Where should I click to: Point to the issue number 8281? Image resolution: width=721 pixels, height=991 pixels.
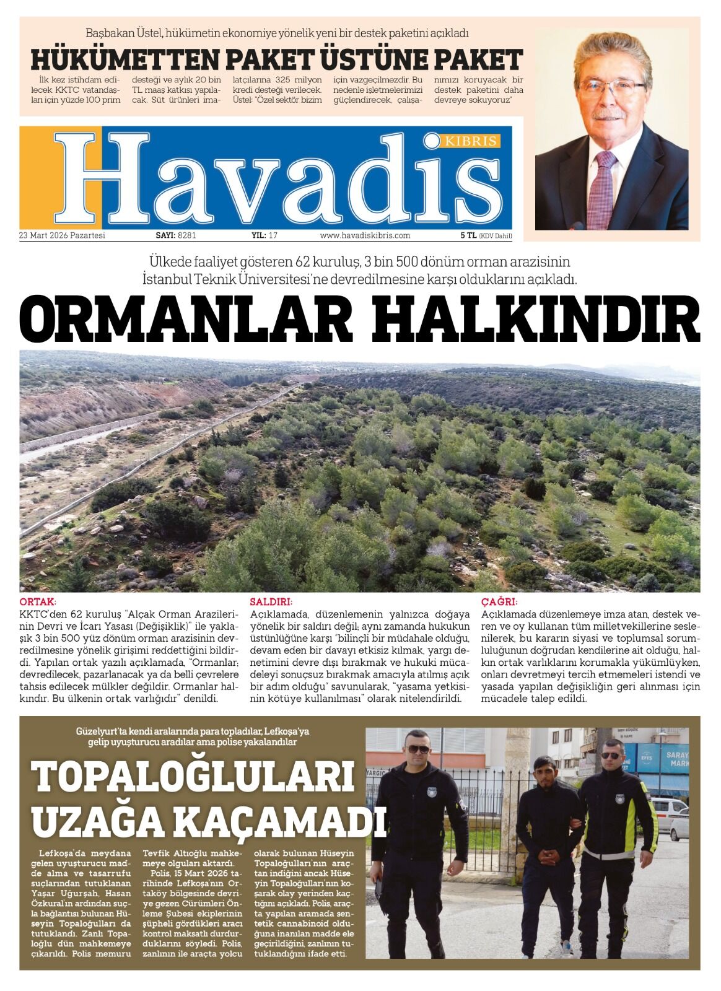tap(186, 235)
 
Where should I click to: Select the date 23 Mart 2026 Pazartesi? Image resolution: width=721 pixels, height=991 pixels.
tap(63, 235)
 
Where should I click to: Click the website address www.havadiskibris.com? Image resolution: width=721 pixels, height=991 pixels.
tap(365, 235)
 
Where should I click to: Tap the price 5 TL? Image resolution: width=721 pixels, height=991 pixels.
tap(468, 235)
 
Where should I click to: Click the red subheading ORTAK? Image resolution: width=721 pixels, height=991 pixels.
tap(38, 601)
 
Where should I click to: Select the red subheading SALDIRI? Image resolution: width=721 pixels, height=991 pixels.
tap(271, 601)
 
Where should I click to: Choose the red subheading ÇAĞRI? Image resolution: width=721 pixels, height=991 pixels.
tap(499, 601)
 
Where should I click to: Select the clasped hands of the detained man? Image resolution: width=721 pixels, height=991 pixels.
tap(548, 857)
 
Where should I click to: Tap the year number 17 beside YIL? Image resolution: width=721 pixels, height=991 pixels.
tap(273, 235)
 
